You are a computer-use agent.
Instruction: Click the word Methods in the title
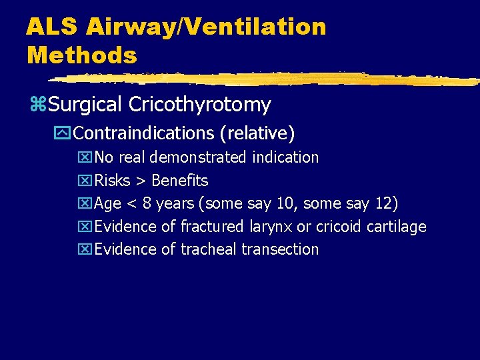(x=81, y=55)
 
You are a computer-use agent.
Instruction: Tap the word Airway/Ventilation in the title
(x=207, y=27)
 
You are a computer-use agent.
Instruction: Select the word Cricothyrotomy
(x=200, y=105)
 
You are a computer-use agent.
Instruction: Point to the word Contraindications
(x=144, y=133)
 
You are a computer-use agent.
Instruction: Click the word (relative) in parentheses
(x=257, y=133)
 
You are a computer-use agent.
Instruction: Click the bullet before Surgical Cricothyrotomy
(x=37, y=105)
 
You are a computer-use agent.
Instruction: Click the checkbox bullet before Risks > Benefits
(x=85, y=181)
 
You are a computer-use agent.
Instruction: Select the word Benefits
(x=180, y=181)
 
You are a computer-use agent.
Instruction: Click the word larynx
(x=270, y=227)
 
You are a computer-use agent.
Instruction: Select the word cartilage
(x=397, y=227)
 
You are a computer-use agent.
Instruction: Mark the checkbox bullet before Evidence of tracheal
(x=85, y=249)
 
